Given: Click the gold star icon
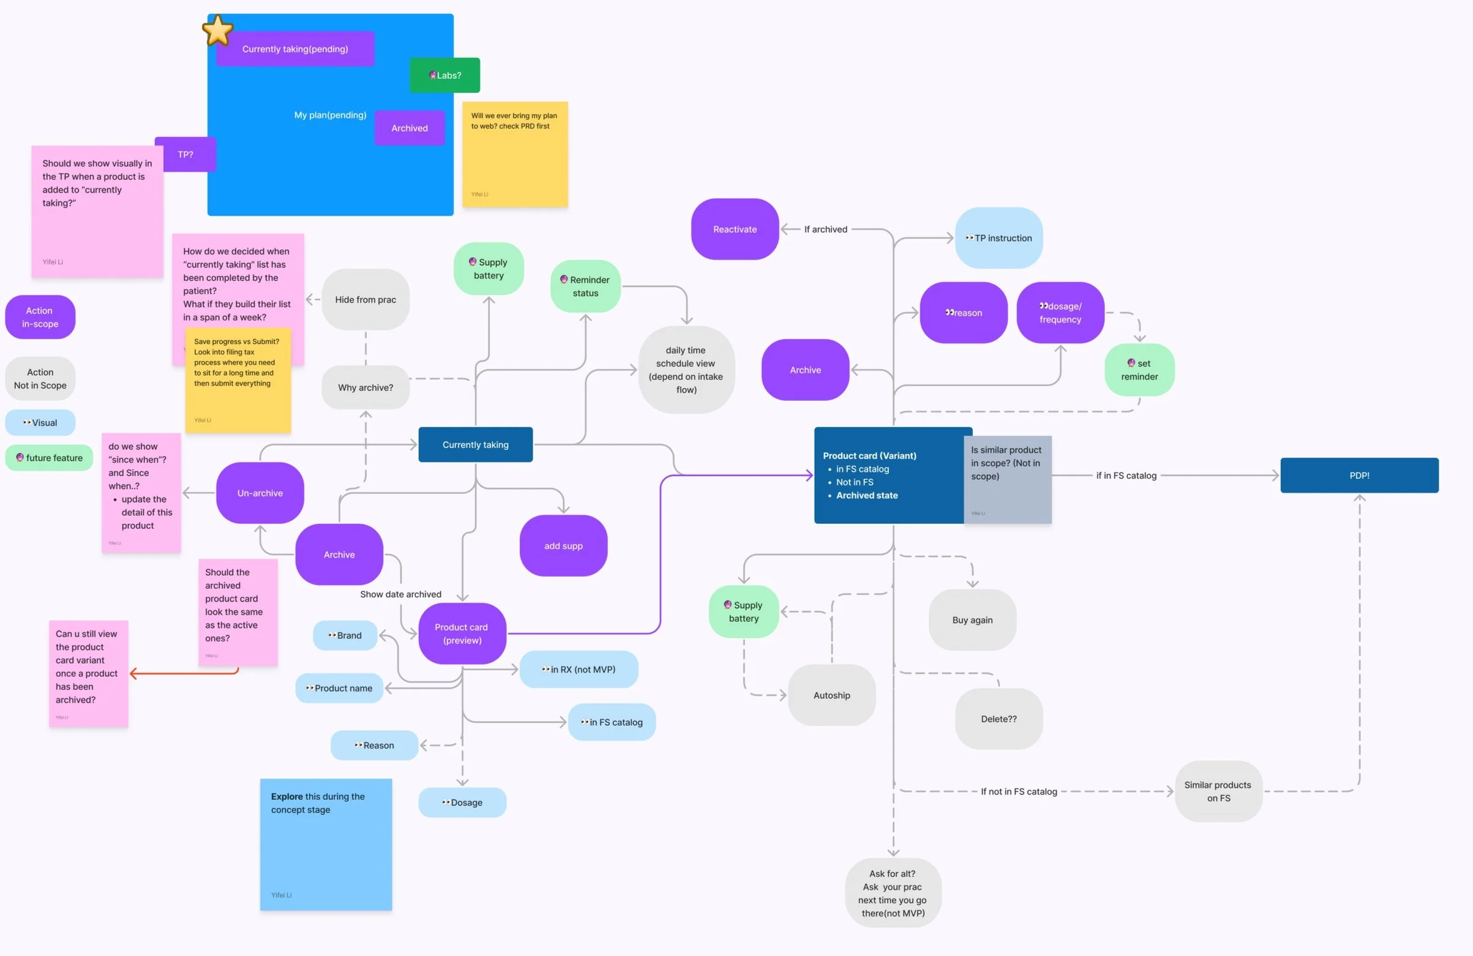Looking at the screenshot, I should (217, 31).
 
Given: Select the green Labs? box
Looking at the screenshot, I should (444, 75).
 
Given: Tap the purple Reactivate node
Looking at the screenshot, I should (735, 230).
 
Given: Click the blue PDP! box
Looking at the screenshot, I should (1359, 475).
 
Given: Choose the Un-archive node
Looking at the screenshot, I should (260, 493).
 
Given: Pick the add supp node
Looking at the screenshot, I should (563, 546).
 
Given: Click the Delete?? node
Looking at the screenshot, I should (999, 719).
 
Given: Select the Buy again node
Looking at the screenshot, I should (972, 620).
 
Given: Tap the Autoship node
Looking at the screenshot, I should (831, 695).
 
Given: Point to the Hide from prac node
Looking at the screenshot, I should (365, 299).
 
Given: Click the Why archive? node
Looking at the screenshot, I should (365, 388).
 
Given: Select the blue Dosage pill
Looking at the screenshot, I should (462, 802).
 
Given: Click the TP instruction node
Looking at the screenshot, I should (999, 238).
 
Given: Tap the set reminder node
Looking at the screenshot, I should (1139, 370).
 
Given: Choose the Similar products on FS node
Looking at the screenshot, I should (1218, 791).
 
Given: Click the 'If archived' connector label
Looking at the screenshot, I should (826, 230).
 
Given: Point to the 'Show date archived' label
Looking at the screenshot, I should (400, 595).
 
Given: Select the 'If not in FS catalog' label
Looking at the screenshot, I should (1019, 791).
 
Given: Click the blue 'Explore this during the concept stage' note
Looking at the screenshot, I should (326, 845).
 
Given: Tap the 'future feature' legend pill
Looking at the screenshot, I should (50, 458).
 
